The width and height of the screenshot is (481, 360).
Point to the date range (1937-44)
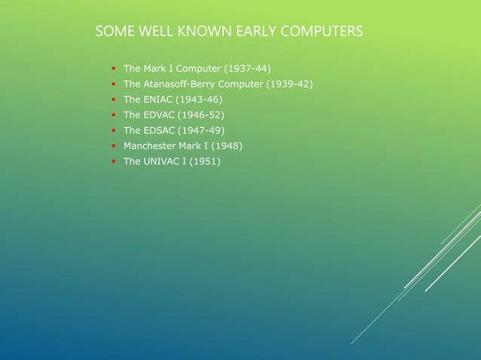pyautogui.click(x=243, y=69)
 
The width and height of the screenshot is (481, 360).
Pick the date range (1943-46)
pyautogui.click(x=199, y=99)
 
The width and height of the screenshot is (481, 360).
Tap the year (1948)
pyautogui.click(x=226, y=145)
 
